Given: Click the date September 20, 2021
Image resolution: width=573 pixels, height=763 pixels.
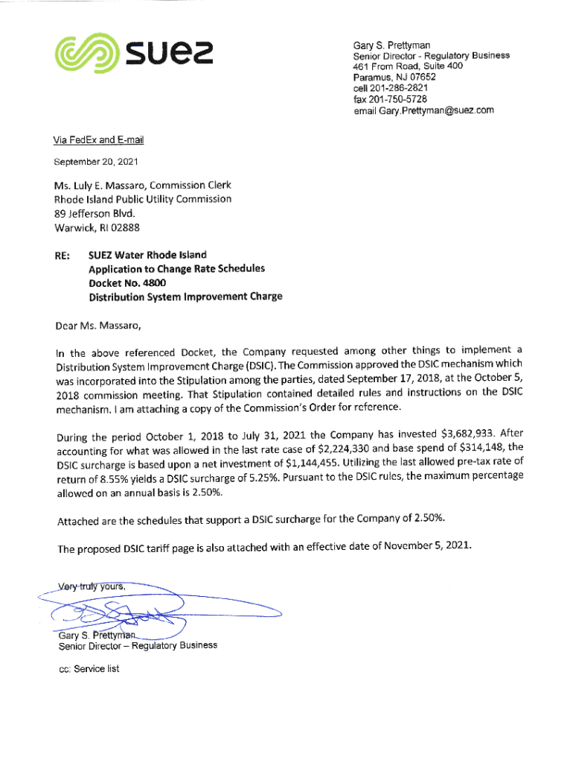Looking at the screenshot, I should click(x=95, y=161).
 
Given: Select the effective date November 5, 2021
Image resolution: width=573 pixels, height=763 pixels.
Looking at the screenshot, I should click(x=423, y=546).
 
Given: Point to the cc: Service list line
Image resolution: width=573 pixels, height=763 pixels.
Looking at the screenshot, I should click(x=89, y=668).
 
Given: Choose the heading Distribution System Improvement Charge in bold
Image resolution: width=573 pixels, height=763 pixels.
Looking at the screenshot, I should click(x=185, y=297).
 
